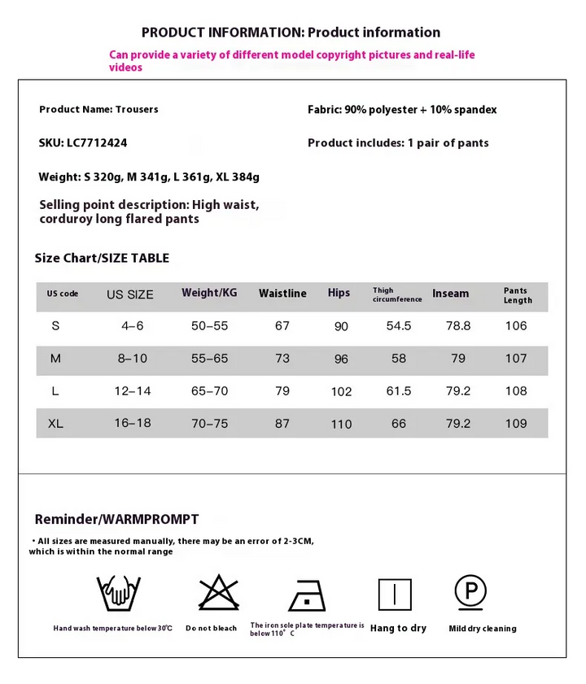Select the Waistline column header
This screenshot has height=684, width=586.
click(282, 294)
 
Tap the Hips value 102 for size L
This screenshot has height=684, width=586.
click(341, 392)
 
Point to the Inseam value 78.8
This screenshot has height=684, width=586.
click(458, 326)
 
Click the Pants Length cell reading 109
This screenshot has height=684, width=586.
click(516, 424)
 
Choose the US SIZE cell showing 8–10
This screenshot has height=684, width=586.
click(132, 359)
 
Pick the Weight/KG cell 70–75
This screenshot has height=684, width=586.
click(209, 424)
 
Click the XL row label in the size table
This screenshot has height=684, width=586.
click(55, 424)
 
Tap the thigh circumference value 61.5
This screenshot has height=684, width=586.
click(399, 391)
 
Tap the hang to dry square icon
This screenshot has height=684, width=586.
click(396, 594)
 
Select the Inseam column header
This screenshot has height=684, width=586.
click(450, 294)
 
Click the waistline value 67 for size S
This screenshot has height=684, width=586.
click(282, 326)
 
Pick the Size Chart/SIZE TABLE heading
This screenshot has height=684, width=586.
click(102, 259)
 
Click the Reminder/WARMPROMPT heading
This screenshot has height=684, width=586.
click(116, 520)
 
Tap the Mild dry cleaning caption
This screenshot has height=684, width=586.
click(482, 629)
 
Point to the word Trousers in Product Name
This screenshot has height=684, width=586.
click(138, 110)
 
